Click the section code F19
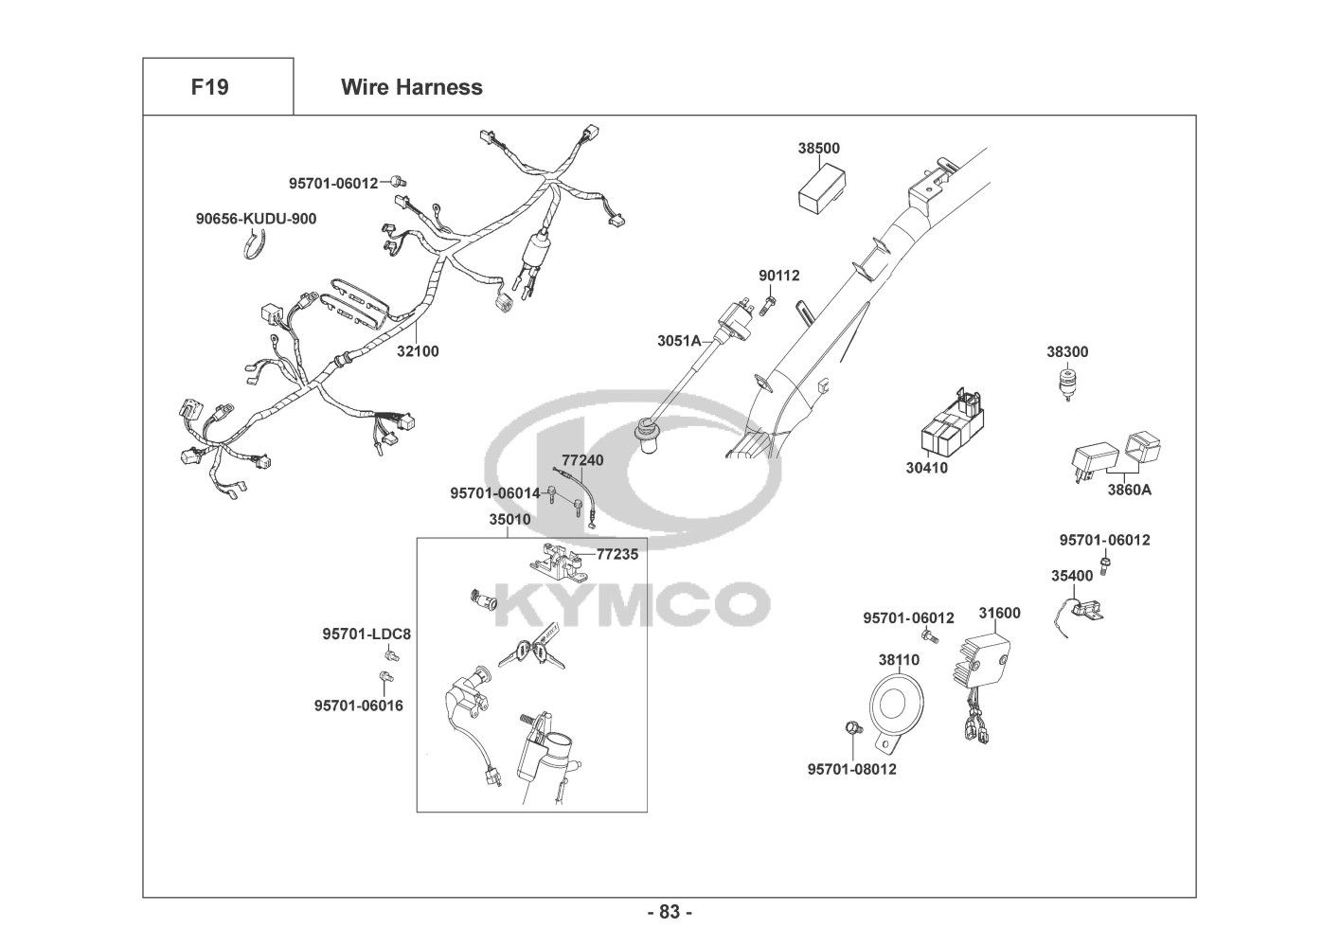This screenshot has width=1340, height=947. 209,87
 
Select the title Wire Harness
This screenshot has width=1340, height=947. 411,87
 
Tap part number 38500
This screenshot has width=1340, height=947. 818,149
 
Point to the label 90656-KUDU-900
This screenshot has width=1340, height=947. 256,219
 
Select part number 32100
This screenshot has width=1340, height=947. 418,351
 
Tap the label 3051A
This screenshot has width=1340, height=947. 680,340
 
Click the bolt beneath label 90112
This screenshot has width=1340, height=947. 769,304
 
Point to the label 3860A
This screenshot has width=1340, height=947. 1130,490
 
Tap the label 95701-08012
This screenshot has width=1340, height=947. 851,769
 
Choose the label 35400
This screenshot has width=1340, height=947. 1071,575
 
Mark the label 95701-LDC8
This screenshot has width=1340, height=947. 366,634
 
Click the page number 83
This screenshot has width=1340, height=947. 670,912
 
